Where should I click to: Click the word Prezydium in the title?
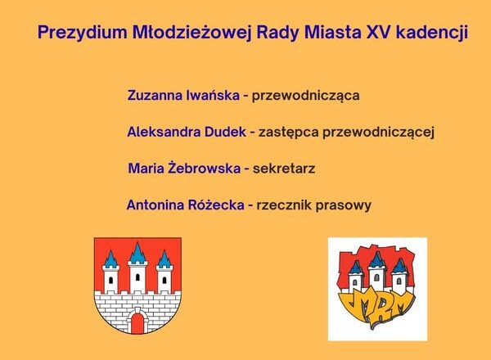83,33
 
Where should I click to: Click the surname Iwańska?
213,95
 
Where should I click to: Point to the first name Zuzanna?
155,96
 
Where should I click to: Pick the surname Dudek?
225,132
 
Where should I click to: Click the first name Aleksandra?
164,132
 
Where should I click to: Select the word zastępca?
288,133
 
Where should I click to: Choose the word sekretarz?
284,169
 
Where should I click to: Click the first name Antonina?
155,205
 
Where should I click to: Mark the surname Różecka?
216,205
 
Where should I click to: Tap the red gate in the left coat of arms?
137,323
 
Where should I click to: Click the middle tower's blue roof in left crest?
137,254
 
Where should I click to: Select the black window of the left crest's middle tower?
137,277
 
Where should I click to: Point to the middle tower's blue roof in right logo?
376,259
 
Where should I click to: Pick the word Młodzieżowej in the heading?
192,33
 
